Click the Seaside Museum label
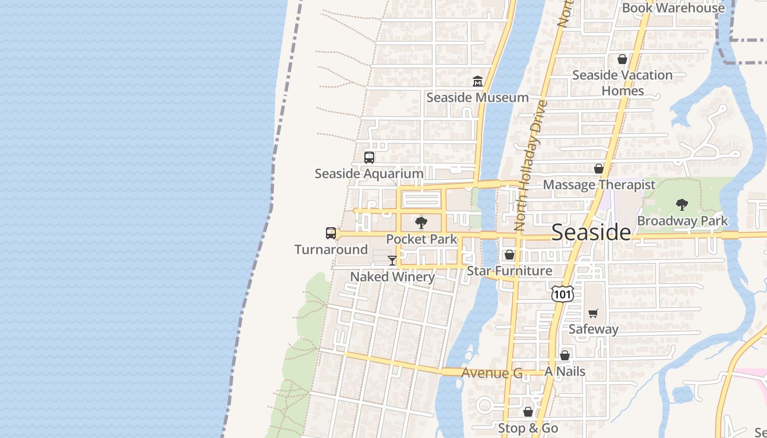pos(477,97)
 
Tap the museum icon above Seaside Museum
pos(478,82)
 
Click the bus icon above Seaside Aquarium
pos(369,158)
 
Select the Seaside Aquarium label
pos(369,174)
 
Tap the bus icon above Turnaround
pos(331,233)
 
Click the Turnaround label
pos(331,250)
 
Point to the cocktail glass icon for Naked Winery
pos(392,261)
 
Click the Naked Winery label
pos(392,276)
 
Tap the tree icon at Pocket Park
pos(421,223)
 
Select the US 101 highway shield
pos(563,294)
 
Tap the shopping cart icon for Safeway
pos(593,313)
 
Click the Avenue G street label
pos(492,373)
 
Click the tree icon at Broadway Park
pos(682,205)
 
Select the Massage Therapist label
pos(599,185)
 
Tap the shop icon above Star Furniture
pos(510,255)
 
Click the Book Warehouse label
pos(673,8)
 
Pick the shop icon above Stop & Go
pos(528,412)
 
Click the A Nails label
pos(565,372)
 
